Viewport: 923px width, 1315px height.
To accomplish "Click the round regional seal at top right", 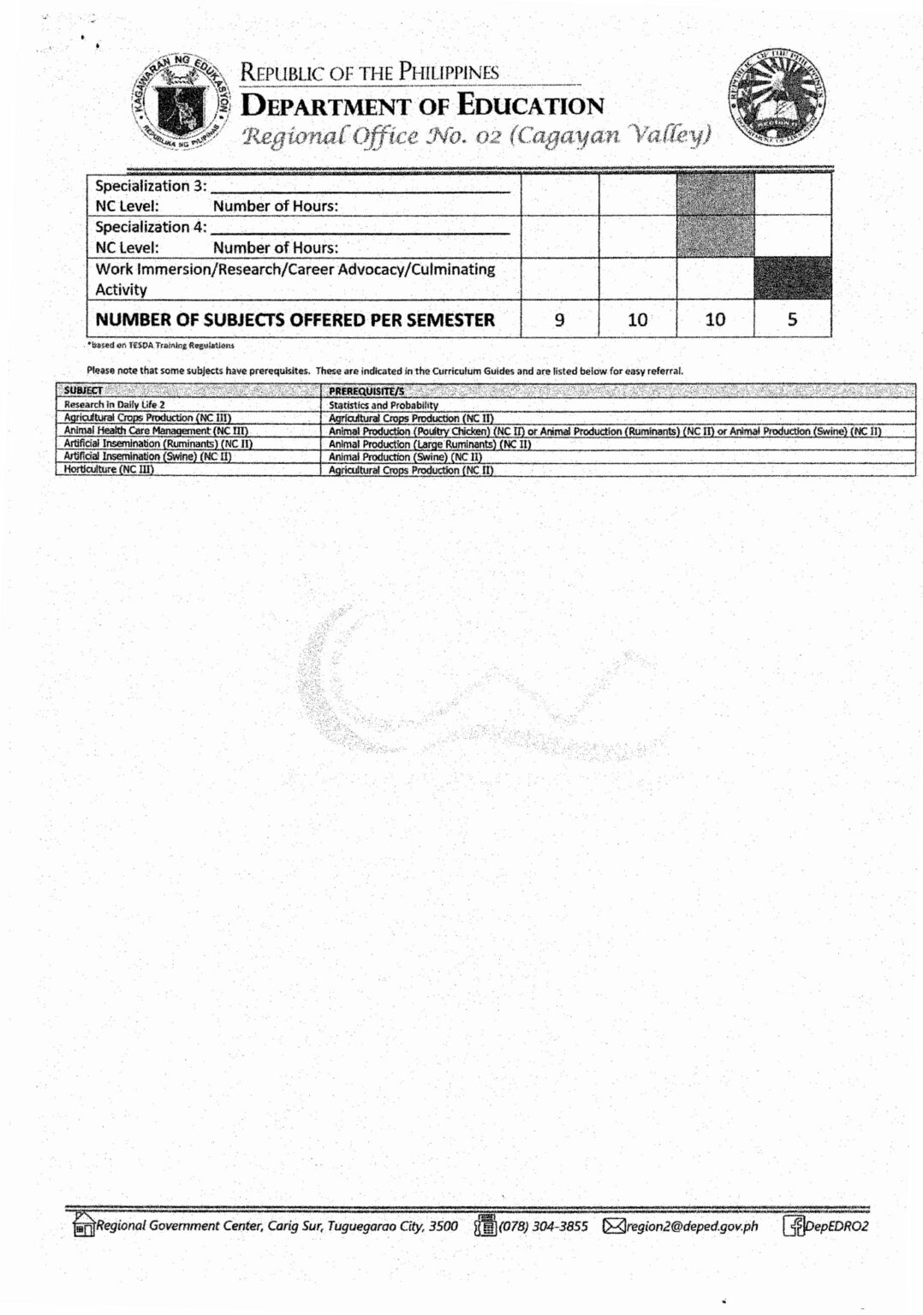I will (x=778, y=103).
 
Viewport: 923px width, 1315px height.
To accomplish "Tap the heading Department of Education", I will (x=423, y=106).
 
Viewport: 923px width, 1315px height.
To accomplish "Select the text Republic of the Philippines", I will (x=370, y=73).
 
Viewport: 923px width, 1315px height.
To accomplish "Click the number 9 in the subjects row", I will (x=559, y=320).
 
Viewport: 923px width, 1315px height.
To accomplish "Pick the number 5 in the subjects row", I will (x=792, y=320).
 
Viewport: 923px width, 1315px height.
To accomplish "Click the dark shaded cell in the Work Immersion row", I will (x=792, y=278).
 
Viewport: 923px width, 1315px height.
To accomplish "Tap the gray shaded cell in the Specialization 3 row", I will (x=715, y=194).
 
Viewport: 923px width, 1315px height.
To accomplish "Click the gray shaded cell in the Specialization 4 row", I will (x=715, y=236).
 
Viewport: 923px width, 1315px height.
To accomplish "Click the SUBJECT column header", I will (x=82, y=391).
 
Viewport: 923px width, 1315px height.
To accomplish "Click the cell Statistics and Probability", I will (x=383, y=405).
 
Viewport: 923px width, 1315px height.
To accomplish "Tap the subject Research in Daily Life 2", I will (x=114, y=404).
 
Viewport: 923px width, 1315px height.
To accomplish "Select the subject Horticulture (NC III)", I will (x=108, y=469).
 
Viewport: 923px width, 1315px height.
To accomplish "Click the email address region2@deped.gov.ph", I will (x=693, y=1226).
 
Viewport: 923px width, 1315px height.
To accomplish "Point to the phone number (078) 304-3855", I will (x=543, y=1226).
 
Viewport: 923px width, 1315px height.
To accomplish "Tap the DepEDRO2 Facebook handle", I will (x=837, y=1226).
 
